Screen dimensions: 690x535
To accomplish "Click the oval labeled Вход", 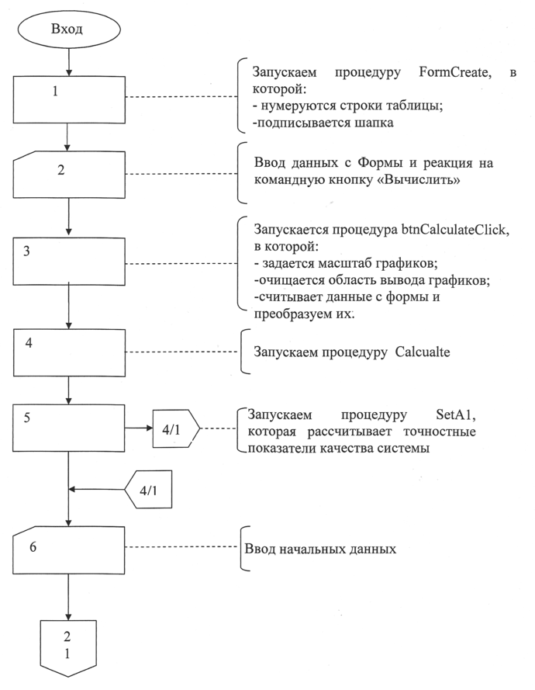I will (71, 30).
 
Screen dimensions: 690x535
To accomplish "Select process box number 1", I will (69, 99).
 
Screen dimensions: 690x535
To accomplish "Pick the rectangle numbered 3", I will (69, 262).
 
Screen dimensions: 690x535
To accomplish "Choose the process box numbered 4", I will (69, 352).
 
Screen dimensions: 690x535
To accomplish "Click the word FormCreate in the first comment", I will (450, 73).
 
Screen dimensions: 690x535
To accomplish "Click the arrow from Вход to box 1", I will (70, 61).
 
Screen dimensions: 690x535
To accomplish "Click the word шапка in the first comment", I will (357, 123).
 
